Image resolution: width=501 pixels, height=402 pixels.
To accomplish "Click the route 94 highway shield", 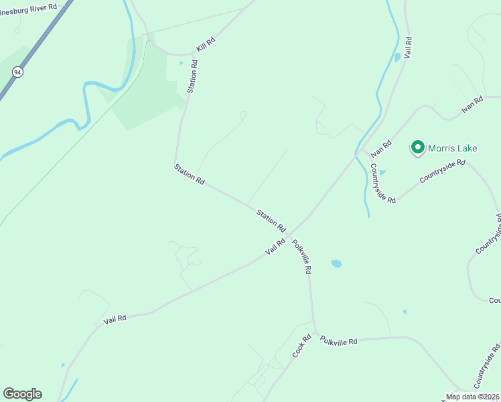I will (x=17, y=71).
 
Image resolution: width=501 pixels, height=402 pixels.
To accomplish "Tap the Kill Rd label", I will (x=206, y=45).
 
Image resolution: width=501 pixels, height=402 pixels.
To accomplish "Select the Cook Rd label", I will (x=302, y=345).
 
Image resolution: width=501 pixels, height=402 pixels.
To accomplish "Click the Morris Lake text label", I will (x=453, y=148).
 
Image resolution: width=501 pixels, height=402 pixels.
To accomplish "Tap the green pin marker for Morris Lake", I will (x=418, y=147).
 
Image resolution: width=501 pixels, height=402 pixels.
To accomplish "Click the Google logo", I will (x=22, y=394).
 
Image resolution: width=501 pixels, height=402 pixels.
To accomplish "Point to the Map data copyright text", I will (x=473, y=397).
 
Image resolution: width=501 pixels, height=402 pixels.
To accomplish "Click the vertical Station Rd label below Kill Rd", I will (x=192, y=76).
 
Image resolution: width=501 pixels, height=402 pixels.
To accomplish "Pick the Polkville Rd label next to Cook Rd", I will (x=338, y=340).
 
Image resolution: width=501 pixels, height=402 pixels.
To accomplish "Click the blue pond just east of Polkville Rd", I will (x=336, y=263).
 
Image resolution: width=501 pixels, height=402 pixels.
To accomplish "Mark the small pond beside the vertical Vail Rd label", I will (x=397, y=58).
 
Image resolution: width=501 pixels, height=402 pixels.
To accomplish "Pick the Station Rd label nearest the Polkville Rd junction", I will (x=271, y=219).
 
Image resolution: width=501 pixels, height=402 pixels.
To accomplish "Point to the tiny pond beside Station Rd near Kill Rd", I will (x=181, y=64).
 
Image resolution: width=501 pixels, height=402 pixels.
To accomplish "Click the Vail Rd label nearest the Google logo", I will (x=115, y=320).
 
